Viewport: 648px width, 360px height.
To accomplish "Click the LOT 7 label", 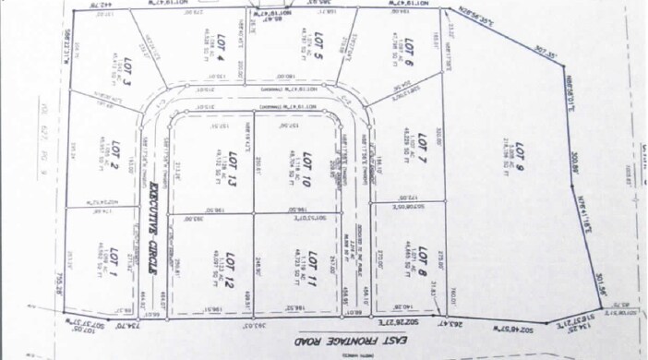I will (x=421, y=256).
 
